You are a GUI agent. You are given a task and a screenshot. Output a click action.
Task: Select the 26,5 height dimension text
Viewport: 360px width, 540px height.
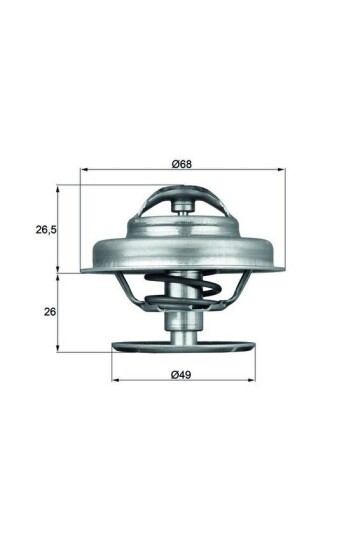[x=45, y=230]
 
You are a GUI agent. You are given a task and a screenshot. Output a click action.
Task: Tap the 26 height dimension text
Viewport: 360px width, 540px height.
[x=47, y=311]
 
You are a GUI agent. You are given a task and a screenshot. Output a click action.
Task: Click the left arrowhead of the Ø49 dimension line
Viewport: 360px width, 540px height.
[x=113, y=381]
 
